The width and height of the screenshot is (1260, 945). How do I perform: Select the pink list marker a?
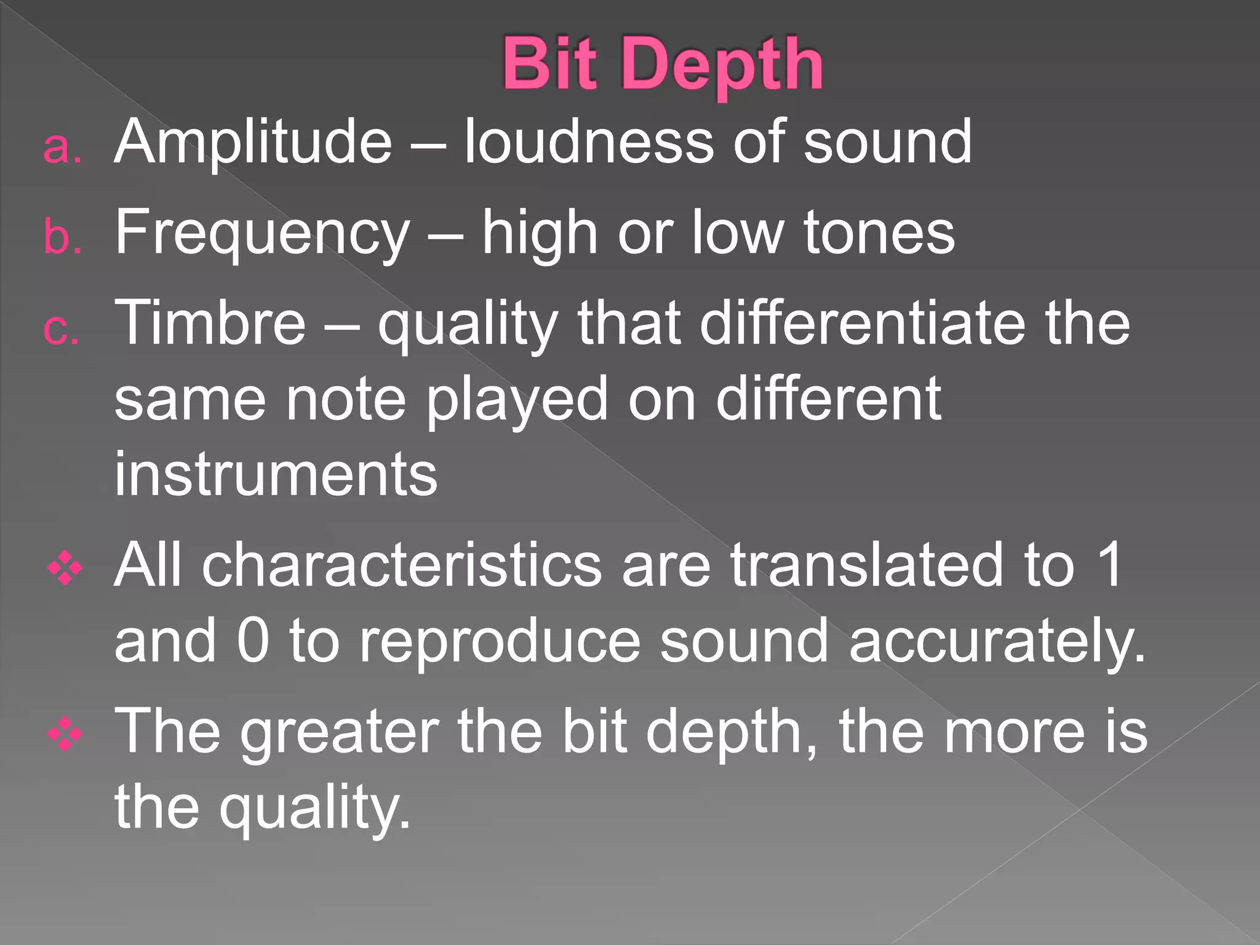[x=62, y=148]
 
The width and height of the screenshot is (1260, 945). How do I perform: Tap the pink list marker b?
[x=62, y=237]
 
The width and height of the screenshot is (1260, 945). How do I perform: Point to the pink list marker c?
[x=62, y=329]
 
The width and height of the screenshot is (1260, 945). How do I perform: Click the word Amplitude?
[x=253, y=144]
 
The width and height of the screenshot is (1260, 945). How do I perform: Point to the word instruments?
[x=276, y=474]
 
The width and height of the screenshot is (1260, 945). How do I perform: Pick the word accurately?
[x=997, y=644]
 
